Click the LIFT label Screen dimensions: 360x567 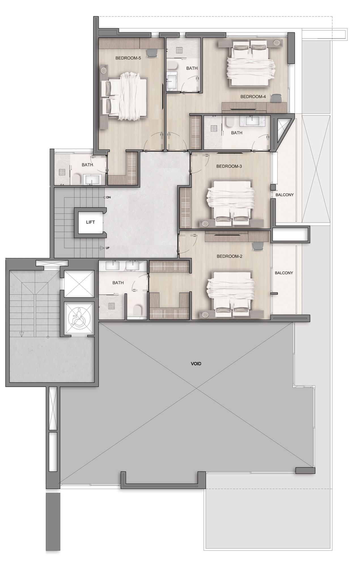point(90,222)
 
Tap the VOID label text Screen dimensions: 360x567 point(196,363)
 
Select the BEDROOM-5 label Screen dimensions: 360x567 point(128,58)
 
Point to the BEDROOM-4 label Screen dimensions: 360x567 point(253,97)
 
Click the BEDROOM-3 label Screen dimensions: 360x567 point(229,166)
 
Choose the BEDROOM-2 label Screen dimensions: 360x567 point(229,256)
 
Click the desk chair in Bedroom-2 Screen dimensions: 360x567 point(258,246)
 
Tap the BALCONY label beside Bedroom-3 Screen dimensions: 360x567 point(285,195)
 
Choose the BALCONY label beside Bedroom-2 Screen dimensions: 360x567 point(284,273)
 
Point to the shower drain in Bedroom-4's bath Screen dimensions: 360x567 point(179,50)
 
